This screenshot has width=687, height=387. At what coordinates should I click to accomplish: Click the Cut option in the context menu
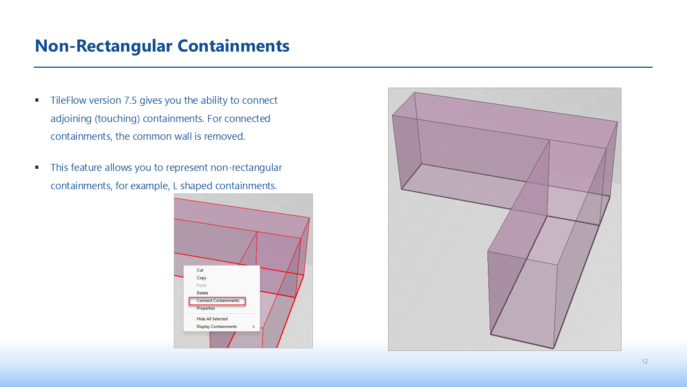click(x=200, y=270)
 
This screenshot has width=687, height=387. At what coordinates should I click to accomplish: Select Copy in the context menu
click(x=201, y=278)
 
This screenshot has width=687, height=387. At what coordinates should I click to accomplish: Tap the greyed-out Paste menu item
click(x=201, y=285)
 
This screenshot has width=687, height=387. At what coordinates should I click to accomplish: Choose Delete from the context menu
click(x=202, y=293)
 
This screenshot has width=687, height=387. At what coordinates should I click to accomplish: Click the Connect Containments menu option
click(x=218, y=300)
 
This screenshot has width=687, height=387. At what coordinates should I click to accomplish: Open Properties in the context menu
click(x=206, y=309)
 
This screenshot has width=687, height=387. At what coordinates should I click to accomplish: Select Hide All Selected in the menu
click(x=212, y=319)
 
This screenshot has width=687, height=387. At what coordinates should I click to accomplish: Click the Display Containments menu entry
click(x=216, y=326)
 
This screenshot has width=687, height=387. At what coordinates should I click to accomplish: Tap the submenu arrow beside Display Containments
click(x=254, y=326)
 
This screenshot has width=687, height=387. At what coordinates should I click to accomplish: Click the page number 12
click(x=645, y=361)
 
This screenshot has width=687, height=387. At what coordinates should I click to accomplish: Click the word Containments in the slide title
click(x=233, y=46)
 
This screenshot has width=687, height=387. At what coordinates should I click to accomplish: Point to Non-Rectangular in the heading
click(x=104, y=46)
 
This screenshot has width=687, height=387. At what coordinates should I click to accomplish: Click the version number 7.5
click(x=130, y=101)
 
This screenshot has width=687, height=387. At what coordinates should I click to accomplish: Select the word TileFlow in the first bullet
click(x=68, y=101)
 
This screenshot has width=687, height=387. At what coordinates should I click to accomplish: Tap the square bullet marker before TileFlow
click(x=37, y=100)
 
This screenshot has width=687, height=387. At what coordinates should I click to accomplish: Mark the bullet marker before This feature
click(x=37, y=167)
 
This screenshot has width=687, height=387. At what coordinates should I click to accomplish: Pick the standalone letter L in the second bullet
click(x=175, y=186)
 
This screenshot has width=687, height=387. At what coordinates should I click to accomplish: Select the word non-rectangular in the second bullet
click(x=246, y=168)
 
